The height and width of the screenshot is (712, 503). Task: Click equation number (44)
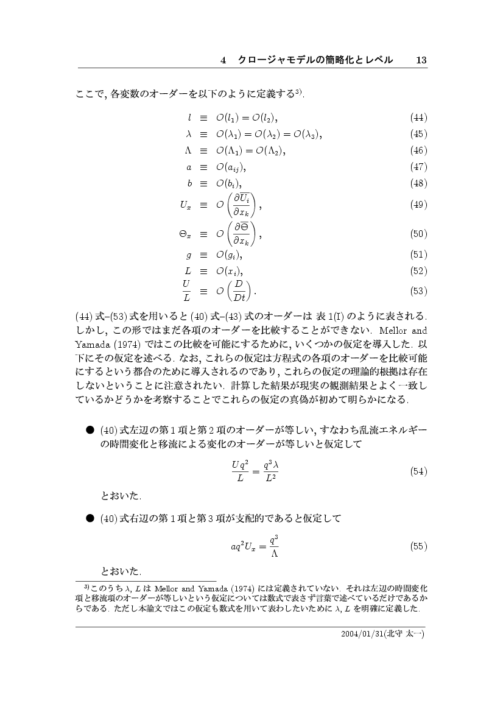(x=419, y=117)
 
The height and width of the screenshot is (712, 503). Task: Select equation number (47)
(x=419, y=166)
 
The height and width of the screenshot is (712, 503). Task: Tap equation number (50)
(x=419, y=233)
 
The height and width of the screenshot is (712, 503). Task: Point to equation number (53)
(x=419, y=291)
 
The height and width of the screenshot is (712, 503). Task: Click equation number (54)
(x=419, y=471)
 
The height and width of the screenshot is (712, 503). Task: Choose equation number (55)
(x=419, y=546)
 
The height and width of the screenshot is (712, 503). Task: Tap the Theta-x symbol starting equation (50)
(x=186, y=234)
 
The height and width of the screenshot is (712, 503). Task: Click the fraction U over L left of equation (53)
(x=187, y=291)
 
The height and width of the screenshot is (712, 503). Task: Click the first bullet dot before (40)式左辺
(x=89, y=430)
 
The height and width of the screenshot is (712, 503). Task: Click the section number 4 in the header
(x=223, y=60)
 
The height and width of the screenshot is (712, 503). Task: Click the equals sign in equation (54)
(x=256, y=471)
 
